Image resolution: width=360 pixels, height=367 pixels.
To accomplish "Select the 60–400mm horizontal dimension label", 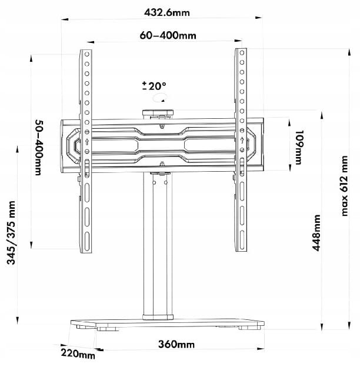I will tap(168, 35).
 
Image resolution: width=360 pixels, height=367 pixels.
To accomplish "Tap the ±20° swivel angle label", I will tap(154, 86).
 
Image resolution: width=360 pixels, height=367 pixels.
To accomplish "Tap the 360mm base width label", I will tap(176, 344).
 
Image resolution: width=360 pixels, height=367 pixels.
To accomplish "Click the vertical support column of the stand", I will tap(158, 247).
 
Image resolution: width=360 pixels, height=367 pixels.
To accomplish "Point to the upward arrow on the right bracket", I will tap(241, 140).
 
